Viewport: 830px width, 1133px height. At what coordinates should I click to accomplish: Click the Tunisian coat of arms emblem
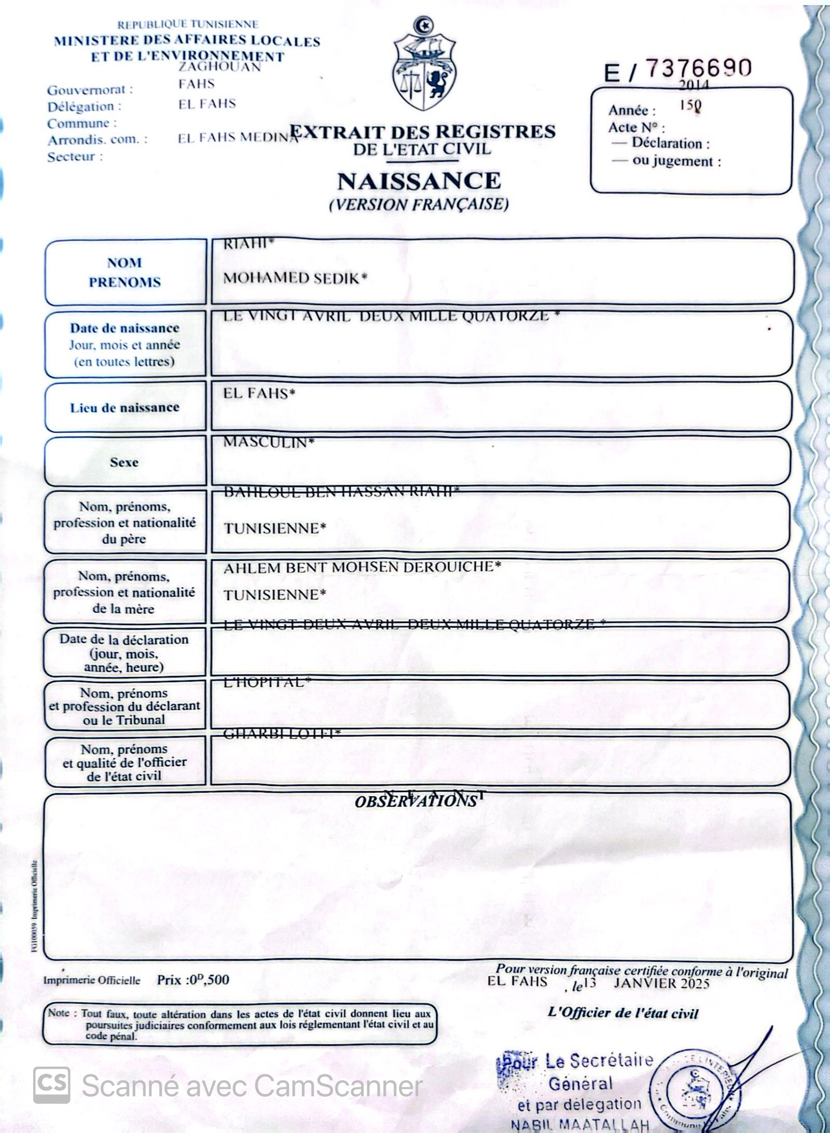pos(424,65)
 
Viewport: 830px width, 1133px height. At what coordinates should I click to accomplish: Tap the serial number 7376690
pos(698,67)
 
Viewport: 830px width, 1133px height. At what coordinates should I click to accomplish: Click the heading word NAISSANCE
pos(419,181)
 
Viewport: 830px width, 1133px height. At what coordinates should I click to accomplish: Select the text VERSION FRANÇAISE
pos(419,204)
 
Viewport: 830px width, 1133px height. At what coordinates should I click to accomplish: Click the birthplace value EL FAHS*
pos(259,393)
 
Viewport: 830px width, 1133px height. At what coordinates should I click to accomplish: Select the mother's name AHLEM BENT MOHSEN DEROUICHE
pos(362,567)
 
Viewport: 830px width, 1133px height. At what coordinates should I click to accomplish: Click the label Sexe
pos(124,462)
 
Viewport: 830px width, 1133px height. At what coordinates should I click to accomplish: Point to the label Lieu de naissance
pos(125,408)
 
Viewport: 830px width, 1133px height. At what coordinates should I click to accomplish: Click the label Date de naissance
pos(125,328)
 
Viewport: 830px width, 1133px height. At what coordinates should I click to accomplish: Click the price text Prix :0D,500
pos(193,980)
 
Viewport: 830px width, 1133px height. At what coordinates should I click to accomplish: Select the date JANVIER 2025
pos(661,983)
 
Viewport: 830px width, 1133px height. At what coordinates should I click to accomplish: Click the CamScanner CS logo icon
pos(52,1085)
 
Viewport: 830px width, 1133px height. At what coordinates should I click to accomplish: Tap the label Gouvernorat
pos(90,90)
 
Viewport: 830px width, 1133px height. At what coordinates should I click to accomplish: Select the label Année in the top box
pos(632,110)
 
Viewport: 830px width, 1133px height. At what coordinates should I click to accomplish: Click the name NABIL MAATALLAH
pos(580,1125)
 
